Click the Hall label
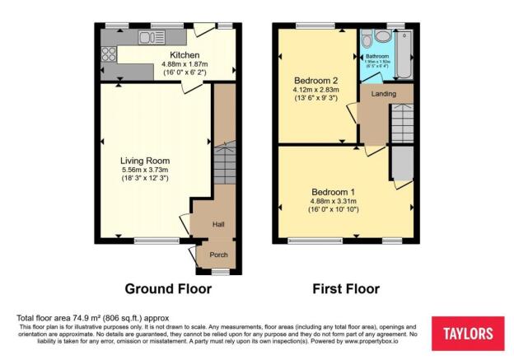[218, 224]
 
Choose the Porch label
[218, 255]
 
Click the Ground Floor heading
[168, 289]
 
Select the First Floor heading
[346, 289]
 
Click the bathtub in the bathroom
[404, 54]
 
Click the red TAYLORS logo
[468, 334]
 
